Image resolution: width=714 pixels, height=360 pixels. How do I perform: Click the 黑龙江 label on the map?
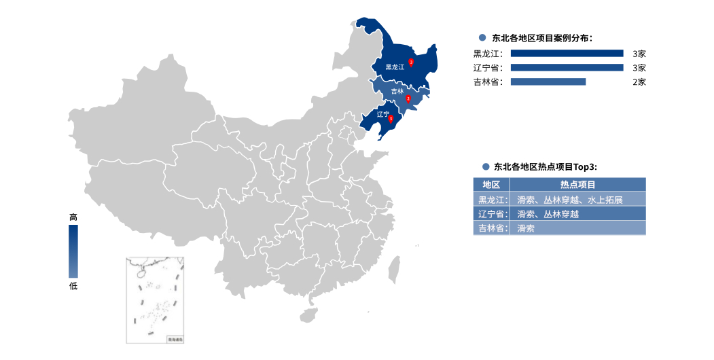coord(395,67)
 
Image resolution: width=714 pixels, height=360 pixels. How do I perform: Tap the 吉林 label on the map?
coord(397,91)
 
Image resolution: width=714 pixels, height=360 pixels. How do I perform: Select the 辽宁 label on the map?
coord(382,114)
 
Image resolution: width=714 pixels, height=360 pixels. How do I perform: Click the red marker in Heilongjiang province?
coord(411,62)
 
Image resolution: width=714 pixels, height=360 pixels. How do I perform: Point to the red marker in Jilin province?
coord(408,98)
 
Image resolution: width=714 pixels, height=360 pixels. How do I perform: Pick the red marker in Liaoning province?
coord(391,118)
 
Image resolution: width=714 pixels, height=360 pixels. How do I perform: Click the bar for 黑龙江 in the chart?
coord(567,53)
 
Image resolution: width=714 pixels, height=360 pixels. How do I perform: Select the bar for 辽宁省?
coord(567,67)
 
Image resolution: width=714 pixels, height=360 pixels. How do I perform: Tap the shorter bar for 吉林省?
coord(548,82)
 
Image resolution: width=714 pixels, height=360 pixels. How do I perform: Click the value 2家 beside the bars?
coord(639,82)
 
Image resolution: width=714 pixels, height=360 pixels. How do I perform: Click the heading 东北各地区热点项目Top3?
coord(548,166)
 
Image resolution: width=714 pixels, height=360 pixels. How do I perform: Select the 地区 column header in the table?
coord(491,185)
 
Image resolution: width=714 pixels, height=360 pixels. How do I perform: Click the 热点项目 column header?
coord(577,185)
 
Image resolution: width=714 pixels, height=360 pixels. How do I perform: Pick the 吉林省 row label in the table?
coord(491,228)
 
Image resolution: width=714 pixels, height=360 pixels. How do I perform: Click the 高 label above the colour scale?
coord(73,217)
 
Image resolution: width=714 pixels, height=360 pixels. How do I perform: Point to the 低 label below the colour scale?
coord(73,286)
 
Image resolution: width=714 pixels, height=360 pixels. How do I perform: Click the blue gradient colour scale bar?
coord(73,251)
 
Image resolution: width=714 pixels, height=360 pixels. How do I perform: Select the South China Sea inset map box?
coord(155,300)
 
